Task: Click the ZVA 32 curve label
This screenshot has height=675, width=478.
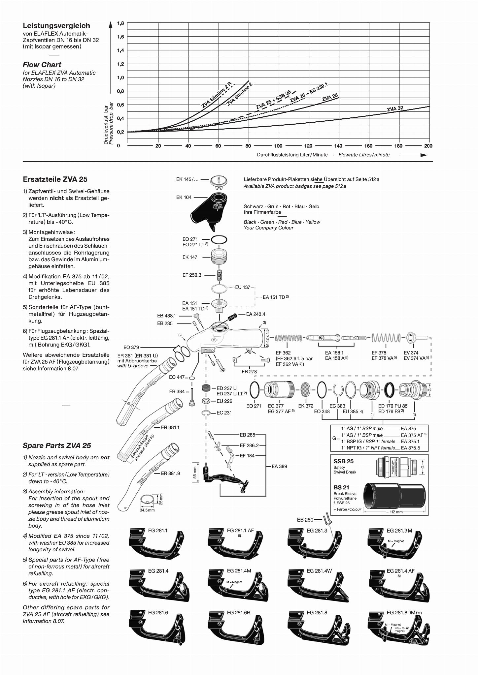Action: coord(395,109)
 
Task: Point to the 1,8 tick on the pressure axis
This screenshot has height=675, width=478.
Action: coord(120,23)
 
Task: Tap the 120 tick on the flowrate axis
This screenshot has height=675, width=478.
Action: coord(308,146)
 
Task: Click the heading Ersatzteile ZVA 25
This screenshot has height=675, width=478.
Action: coord(55,179)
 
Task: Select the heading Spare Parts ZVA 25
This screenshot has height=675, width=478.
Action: coord(57,445)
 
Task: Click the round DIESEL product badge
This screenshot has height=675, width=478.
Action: coord(219,180)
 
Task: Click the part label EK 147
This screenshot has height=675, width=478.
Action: coord(190,257)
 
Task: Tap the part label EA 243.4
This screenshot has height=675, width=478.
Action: coord(256,314)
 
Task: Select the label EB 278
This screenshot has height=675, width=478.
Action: coord(249,372)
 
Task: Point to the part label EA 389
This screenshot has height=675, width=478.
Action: coord(279,466)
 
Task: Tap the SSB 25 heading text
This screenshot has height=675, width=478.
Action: coord(344,461)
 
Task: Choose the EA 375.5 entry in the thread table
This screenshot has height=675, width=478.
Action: coord(410,448)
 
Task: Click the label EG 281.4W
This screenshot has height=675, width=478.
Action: coord(319,571)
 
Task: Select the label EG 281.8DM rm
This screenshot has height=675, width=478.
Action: coord(404,613)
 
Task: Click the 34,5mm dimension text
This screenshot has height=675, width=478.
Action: coord(147,510)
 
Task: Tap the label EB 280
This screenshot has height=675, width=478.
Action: coord(305,520)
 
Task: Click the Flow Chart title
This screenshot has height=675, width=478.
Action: coord(42,65)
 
